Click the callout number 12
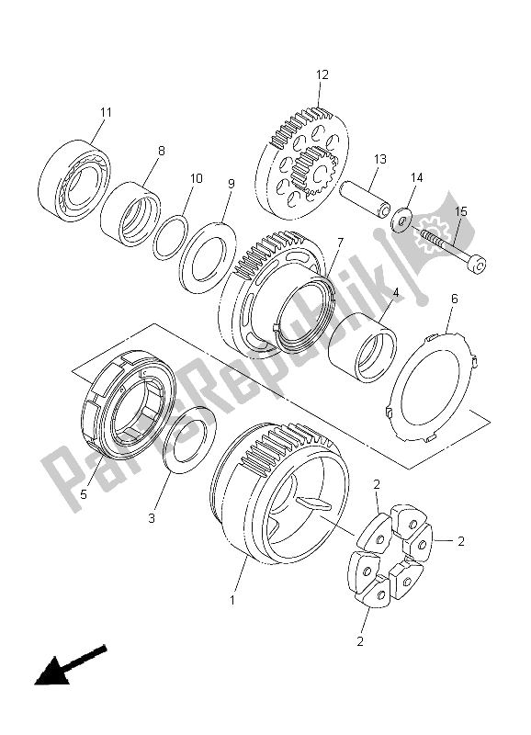tap(322, 74)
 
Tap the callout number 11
tap(106, 113)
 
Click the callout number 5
tap(84, 493)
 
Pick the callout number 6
tap(454, 299)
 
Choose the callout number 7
tap(339, 243)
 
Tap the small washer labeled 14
tap(401, 223)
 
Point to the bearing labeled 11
tap(74, 180)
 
